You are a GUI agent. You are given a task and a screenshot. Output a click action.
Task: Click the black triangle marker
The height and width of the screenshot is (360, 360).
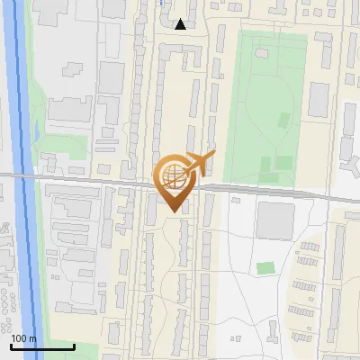tap(181, 24)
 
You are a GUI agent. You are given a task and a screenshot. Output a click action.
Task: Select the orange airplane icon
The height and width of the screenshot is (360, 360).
tap(197, 163)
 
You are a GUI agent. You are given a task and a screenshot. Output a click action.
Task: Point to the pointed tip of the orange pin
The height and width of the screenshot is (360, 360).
tap(172, 212)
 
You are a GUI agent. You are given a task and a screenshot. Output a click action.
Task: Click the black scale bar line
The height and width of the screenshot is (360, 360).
tap(42, 346)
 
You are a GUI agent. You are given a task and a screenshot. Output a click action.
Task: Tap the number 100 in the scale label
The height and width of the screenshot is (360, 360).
tap(19, 338)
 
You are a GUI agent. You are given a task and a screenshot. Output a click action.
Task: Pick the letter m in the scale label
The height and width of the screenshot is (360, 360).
tap(32, 338)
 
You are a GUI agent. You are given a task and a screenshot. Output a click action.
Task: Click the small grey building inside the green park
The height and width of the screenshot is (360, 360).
tap(283, 119)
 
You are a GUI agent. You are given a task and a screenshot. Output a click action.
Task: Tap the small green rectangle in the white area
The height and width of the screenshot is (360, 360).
tap(265, 268)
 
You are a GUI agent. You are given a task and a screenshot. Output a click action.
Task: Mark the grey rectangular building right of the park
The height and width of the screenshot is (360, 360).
tap(319, 100)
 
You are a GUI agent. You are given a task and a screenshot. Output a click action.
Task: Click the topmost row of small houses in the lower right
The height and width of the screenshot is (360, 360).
tap(311, 246)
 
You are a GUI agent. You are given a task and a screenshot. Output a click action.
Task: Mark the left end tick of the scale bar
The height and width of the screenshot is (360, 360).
tap(12, 346)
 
